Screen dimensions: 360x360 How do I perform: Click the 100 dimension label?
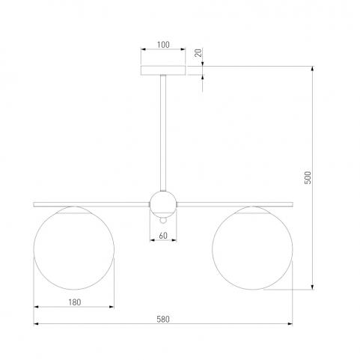[163, 45]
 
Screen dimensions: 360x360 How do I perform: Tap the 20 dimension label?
[198, 53]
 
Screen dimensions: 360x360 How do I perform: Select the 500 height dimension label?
[308, 177]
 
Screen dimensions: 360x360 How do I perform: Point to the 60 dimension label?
[163, 236]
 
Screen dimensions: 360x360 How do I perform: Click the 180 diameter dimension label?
[75, 302]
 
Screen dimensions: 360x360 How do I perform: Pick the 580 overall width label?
[163, 320]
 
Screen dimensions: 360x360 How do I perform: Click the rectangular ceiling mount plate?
[163, 70]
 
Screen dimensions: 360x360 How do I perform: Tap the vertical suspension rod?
[163, 133]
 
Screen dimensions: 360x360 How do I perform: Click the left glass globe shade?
[74, 248]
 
